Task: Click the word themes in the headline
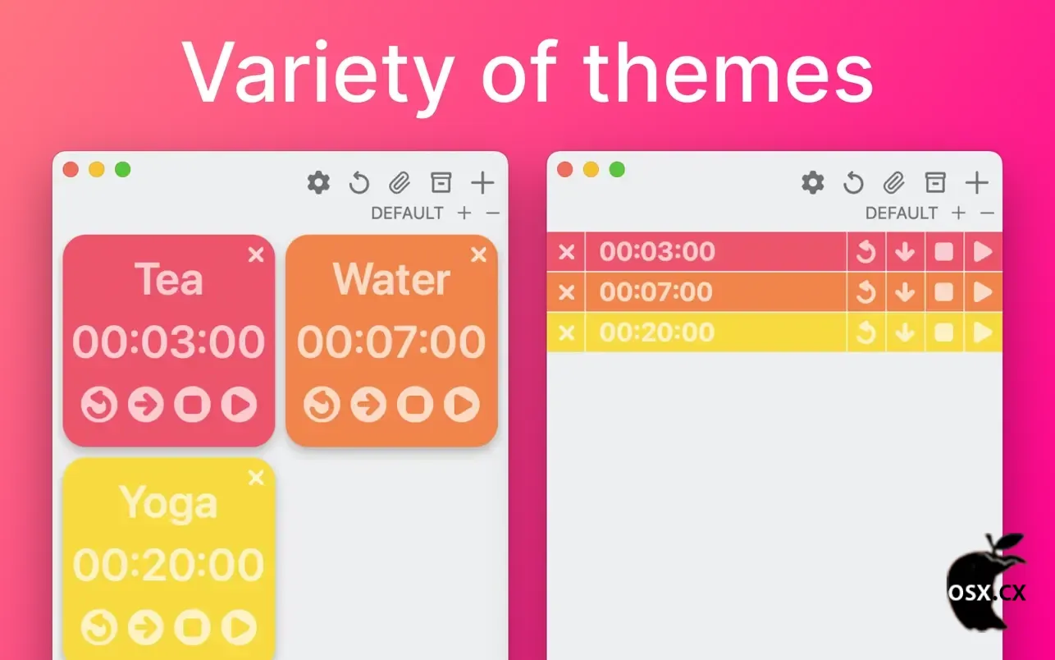pos(728,72)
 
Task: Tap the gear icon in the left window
pos(318,182)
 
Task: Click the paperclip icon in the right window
pos(893,182)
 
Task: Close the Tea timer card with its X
pos(256,254)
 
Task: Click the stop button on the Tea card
pos(193,404)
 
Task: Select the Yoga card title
pos(169,504)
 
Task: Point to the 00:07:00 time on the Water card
pos(391,341)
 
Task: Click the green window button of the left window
pos(123,169)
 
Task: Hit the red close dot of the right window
pos(564,169)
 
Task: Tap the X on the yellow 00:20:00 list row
pos(567,332)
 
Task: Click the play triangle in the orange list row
pos(983,291)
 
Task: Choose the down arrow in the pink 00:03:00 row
pos(905,252)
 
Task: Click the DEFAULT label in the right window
pos(902,213)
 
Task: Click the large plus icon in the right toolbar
pos(976,182)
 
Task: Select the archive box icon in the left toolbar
pos(441,182)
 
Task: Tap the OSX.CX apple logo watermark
pos(987,583)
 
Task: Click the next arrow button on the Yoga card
pos(146,627)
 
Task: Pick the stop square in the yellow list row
pos(944,332)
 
